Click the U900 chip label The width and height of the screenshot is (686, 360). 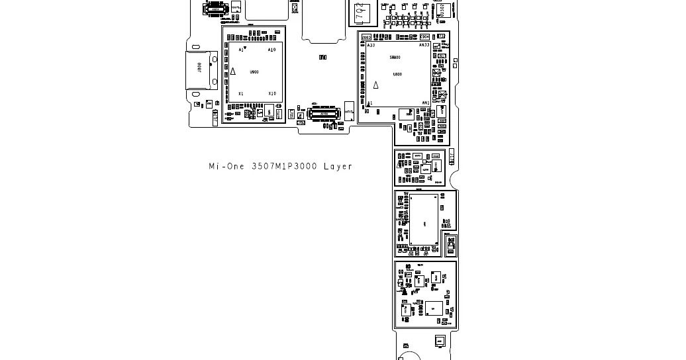[254, 72]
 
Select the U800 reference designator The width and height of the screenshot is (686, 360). [397, 75]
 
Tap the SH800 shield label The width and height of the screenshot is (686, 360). [395, 58]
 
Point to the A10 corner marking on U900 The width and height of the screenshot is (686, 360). [271, 50]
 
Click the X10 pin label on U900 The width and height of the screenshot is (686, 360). [271, 94]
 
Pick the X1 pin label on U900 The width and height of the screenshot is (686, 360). [241, 94]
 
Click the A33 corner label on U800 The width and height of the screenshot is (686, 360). [371, 46]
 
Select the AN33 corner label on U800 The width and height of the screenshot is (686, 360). [424, 46]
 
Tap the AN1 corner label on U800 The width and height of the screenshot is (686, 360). [426, 103]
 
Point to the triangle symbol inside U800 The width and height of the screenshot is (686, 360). [376, 85]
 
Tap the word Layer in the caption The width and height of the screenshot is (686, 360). [338, 167]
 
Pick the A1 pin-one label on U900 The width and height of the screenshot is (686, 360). [242, 50]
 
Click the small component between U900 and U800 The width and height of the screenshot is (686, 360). [323, 58]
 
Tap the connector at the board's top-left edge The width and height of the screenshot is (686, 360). [216, 8]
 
